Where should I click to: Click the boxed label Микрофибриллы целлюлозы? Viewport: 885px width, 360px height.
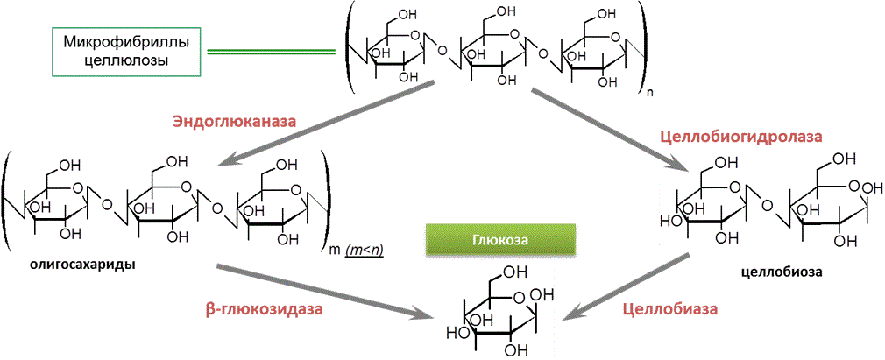click(x=127, y=51)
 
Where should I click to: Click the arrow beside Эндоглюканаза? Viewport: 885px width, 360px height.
click(x=329, y=122)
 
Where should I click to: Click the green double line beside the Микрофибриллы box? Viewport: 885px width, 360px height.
click(x=272, y=53)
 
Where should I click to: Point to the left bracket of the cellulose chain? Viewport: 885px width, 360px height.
click(x=350, y=49)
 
